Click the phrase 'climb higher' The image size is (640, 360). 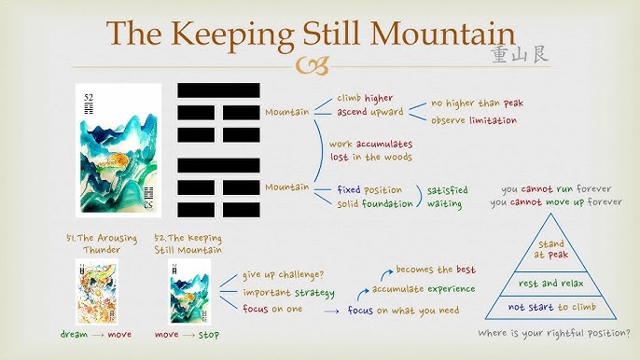(365, 97)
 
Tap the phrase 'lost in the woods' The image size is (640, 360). (369, 159)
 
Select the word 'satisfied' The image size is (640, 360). (448, 189)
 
